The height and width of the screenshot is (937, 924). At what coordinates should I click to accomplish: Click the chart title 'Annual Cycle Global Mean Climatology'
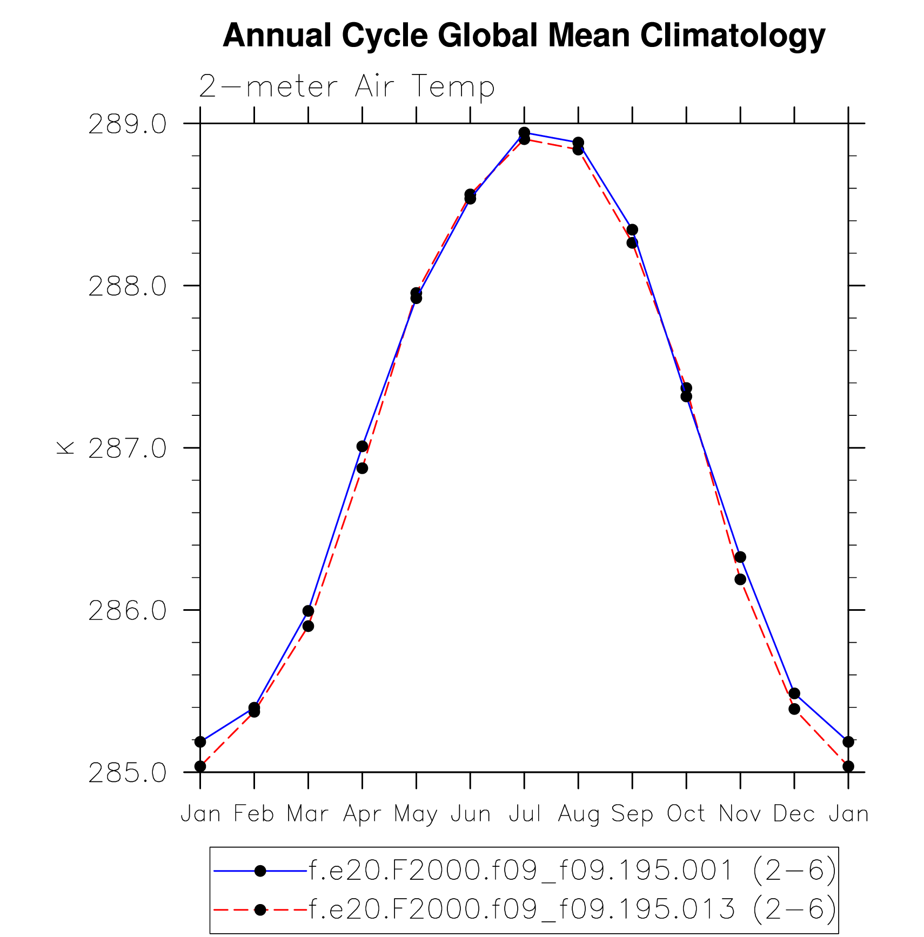click(524, 36)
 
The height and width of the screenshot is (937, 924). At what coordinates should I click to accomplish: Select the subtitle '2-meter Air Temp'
click(346, 86)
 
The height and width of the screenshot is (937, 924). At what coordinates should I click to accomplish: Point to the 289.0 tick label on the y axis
click(128, 125)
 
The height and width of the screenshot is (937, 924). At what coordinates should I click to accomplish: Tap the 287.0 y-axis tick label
click(128, 449)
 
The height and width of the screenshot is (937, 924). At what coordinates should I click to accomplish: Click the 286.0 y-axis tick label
click(128, 611)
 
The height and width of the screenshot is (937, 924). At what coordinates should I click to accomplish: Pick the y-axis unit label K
click(65, 447)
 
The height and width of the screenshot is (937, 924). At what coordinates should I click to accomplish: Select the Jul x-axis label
click(524, 814)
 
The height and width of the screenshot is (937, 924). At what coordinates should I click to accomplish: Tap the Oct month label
click(686, 814)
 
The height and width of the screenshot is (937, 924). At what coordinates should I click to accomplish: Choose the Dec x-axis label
click(794, 814)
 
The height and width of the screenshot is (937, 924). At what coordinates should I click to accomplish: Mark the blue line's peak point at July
click(524, 132)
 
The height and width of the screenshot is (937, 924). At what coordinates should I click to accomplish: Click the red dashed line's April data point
click(362, 468)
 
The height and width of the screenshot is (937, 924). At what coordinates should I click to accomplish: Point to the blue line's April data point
click(362, 446)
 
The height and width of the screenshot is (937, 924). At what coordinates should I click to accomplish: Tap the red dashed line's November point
click(740, 579)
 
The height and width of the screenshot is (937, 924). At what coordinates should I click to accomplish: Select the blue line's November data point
click(740, 557)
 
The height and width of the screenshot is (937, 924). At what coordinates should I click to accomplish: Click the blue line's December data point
click(794, 693)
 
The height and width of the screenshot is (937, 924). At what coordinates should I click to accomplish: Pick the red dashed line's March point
click(308, 626)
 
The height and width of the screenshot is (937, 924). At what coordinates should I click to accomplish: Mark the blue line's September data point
click(632, 230)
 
